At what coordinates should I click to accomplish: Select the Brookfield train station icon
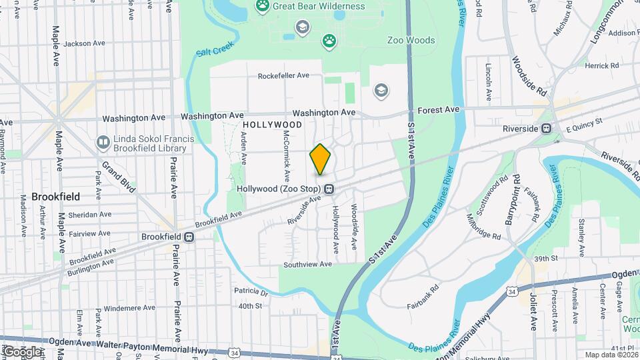tap(190, 237)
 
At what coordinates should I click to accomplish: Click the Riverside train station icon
tap(546, 128)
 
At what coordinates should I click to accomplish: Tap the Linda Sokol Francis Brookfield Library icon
tap(103, 142)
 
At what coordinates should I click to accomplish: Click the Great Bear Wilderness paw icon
tap(263, 7)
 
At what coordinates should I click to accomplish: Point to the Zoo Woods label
tap(411, 41)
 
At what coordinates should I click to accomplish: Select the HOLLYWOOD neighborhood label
tap(273, 125)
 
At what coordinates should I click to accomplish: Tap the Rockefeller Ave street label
tap(284, 76)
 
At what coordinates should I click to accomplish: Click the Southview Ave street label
tap(307, 265)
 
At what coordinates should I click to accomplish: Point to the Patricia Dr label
tap(251, 292)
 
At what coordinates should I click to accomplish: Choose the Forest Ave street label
tap(439, 109)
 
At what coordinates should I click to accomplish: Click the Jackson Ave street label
tap(85, 43)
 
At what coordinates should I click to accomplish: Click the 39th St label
tap(545, 259)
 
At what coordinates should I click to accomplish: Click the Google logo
tap(21, 352)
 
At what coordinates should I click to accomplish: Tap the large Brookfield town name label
tap(56, 197)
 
